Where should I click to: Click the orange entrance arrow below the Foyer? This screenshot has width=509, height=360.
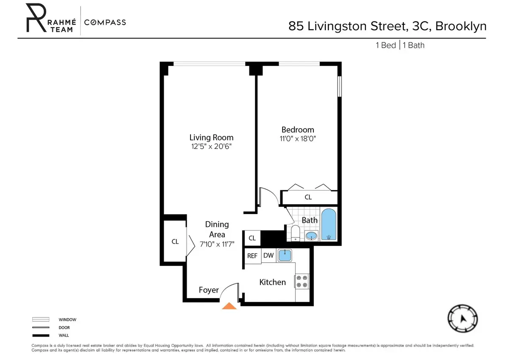[229, 306]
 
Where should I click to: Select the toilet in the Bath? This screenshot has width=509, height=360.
[296, 233]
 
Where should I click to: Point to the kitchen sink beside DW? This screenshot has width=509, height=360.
[285, 255]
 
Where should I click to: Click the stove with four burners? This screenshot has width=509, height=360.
[302, 281]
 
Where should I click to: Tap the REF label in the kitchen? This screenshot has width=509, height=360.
[252, 256]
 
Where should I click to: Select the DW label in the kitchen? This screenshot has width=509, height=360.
[268, 255]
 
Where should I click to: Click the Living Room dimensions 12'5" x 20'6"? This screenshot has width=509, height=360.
[211, 146]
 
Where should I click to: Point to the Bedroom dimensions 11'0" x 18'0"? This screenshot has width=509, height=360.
[297, 138]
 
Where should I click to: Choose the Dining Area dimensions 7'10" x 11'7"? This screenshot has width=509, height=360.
[217, 244]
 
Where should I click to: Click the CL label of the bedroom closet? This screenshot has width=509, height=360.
[308, 197]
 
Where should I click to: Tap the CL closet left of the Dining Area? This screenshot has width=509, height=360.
[175, 242]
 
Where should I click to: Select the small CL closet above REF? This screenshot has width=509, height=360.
[252, 238]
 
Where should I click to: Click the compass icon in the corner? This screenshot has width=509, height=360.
[463, 319]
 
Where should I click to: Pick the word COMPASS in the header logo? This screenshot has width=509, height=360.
[105, 22]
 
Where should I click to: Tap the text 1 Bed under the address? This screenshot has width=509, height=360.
[386, 45]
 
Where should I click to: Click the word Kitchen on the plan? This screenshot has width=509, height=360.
[272, 282]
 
